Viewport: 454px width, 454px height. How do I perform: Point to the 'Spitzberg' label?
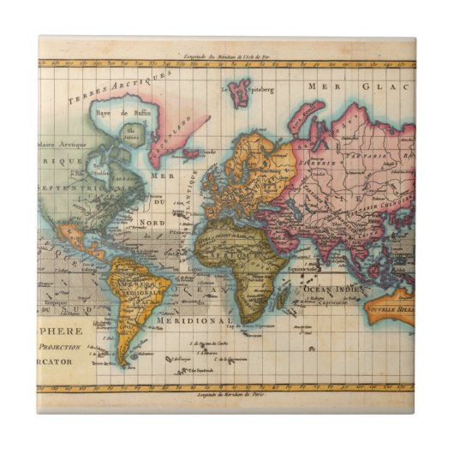click(260, 88)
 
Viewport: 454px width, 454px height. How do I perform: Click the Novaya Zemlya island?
click(304, 113)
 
